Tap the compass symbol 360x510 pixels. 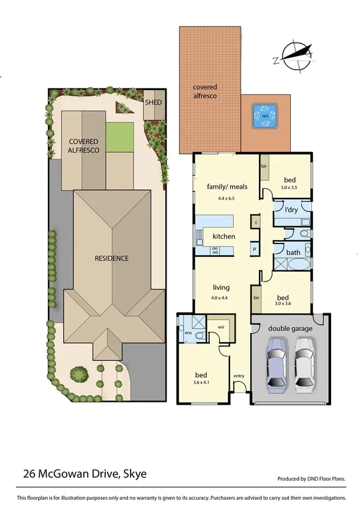pyautogui.click(x=294, y=54)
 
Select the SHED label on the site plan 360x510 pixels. pyautogui.click(x=153, y=102)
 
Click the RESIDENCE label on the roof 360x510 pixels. pyautogui.click(x=112, y=258)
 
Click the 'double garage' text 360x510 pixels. pyautogui.click(x=286, y=328)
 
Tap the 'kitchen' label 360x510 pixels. pyautogui.click(x=224, y=236)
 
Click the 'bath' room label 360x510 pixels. pyautogui.click(x=293, y=253)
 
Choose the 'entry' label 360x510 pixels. pyautogui.click(x=239, y=376)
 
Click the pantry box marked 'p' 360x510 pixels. pyautogui.click(x=254, y=248)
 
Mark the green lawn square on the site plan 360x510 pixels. pyautogui.click(x=120, y=137)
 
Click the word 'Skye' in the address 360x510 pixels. pyautogui.click(x=134, y=475)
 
